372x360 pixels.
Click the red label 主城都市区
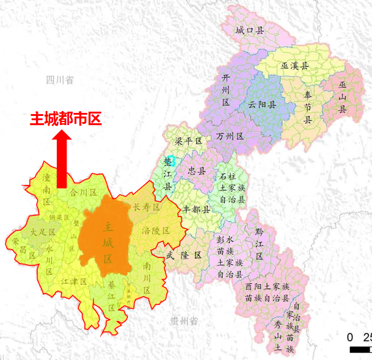pyautogui.click(x=65, y=118)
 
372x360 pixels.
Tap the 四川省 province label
pyautogui.click(x=59, y=80)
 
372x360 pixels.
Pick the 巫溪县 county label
pyautogui.click(x=294, y=65)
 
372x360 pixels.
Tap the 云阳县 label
pyautogui.click(x=262, y=104)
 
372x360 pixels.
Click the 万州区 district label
pyautogui.click(x=230, y=136)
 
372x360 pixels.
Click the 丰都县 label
pyautogui.click(x=196, y=209)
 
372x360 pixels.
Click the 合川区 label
pyautogui.click(x=84, y=192)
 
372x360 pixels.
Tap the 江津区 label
pyautogui.click(x=74, y=281)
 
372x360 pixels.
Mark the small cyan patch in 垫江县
pyautogui.click(x=172, y=160)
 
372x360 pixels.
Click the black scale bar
pyautogui.click(x=360, y=350)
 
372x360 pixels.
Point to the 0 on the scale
pyautogui.click(x=350, y=337)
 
